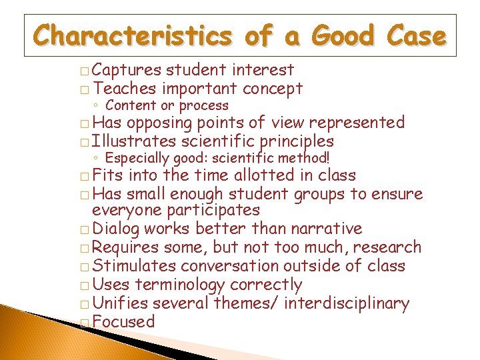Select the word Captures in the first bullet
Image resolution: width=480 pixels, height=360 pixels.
pos(127,70)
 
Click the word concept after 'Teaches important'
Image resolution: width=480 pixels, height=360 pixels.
pos(273,89)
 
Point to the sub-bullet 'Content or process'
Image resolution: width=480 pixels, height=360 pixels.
pos(167,105)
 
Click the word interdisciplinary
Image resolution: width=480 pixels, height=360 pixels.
pos(347,303)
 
